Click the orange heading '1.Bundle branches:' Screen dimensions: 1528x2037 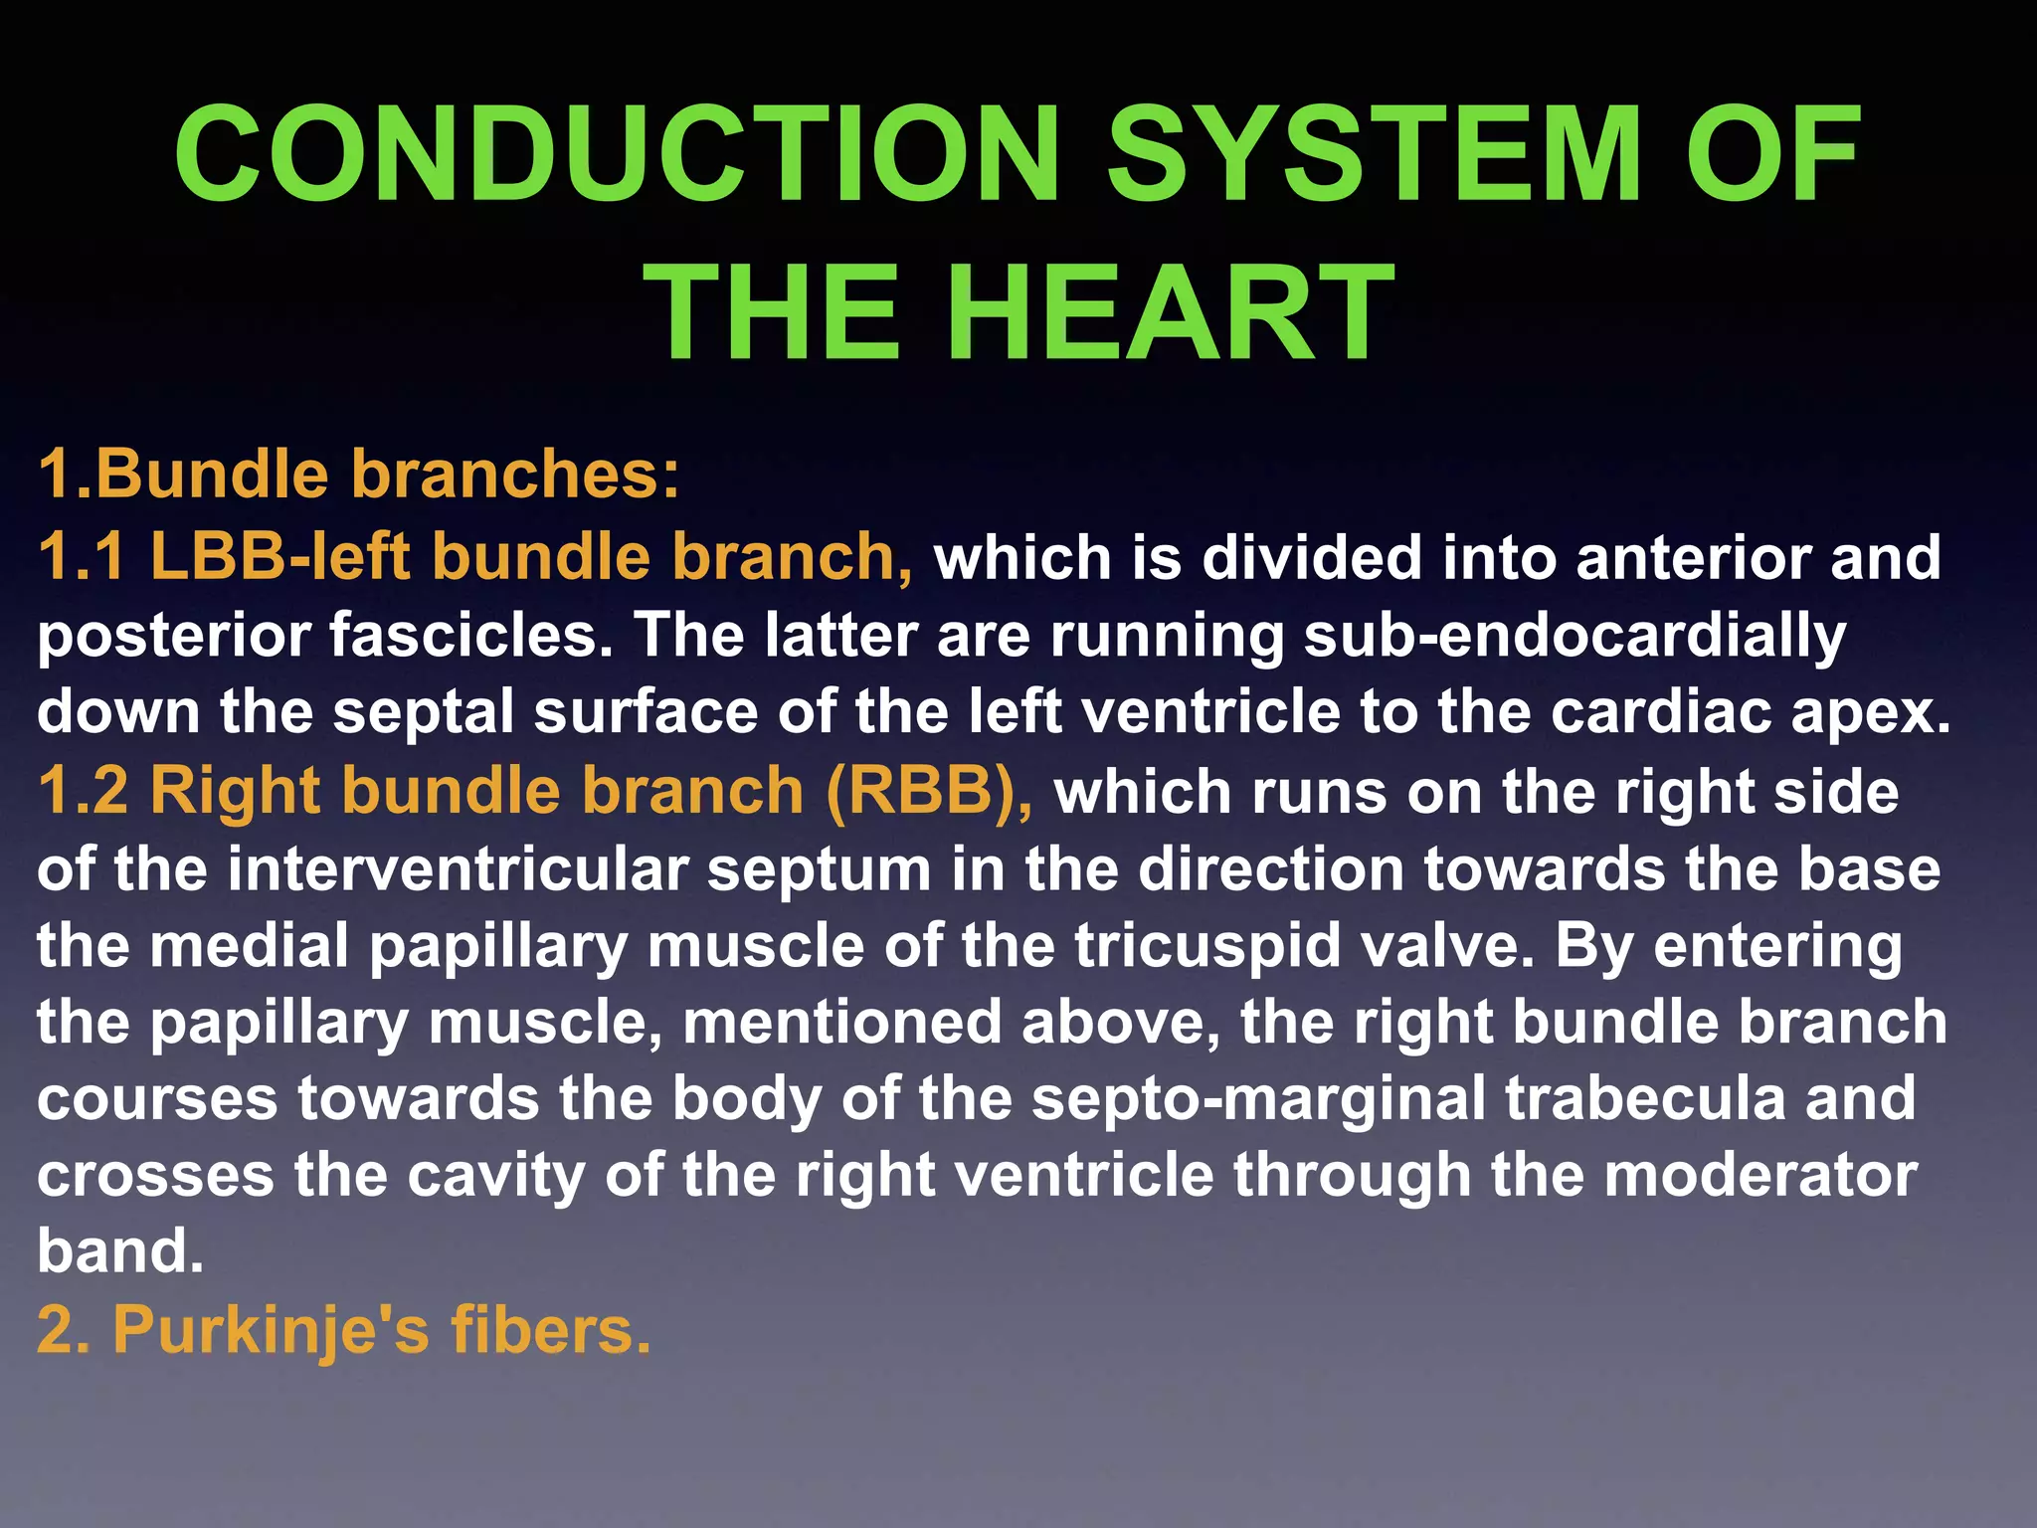(358, 474)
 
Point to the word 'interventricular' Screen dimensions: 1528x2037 (459, 869)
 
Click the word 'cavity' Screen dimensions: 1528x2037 (495, 1176)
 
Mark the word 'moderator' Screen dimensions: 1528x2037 (1760, 1176)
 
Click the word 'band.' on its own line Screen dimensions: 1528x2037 (120, 1251)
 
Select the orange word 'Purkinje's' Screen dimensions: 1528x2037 (272, 1330)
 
